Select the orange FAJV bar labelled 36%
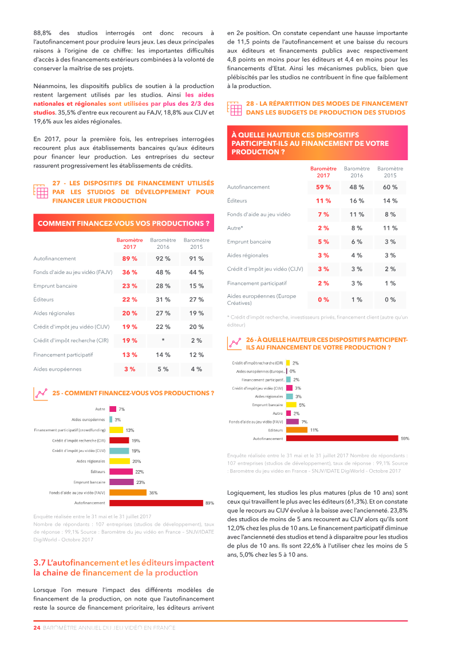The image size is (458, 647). (128, 493)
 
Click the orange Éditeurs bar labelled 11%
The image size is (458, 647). (297, 430)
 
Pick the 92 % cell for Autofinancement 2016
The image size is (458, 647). (163, 259)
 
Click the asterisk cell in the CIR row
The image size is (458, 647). (163, 340)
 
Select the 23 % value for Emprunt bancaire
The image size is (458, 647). (130, 285)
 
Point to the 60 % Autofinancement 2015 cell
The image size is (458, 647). (390, 187)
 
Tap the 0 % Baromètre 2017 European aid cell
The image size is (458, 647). (323, 299)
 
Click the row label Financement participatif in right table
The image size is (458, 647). (256, 283)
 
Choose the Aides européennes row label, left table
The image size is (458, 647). (57, 369)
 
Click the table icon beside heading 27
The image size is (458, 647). (41, 191)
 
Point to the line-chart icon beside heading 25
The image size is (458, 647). (41, 393)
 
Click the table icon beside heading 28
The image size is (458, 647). (234, 108)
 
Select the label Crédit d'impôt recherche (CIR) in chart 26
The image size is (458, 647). (257, 363)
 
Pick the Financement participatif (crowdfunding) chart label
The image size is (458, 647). (69, 430)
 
